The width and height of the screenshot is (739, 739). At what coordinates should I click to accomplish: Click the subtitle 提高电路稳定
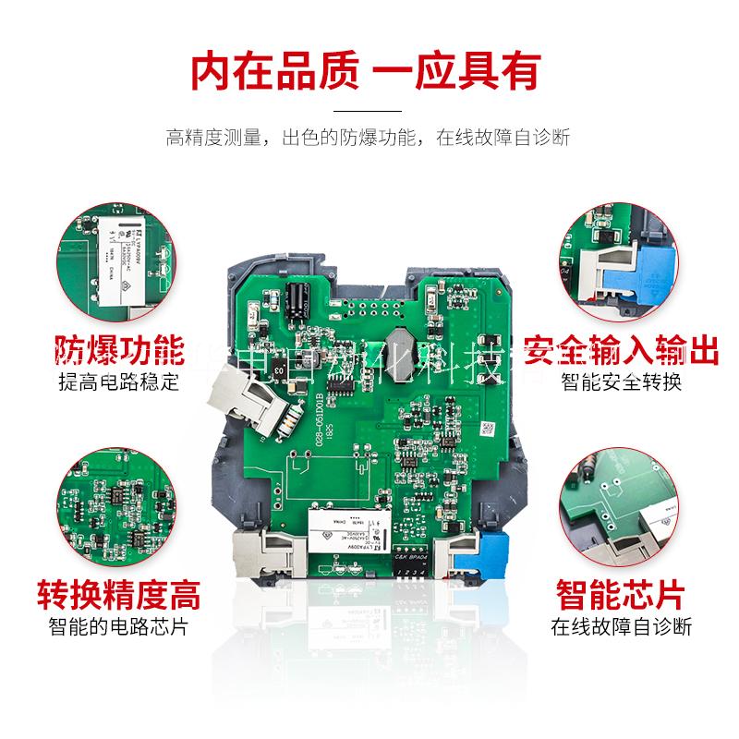point(118,382)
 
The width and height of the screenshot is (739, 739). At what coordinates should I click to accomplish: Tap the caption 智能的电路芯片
point(118,626)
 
